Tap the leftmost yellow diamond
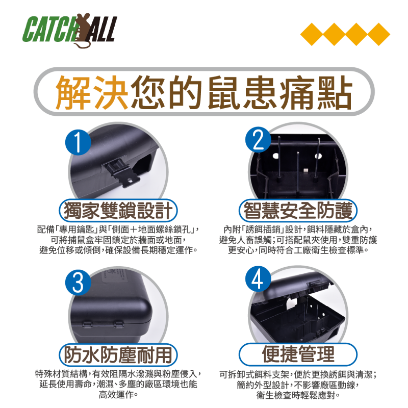coord(312,34)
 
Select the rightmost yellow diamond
coord(378,34)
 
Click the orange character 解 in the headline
coord(73,92)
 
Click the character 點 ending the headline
coord(335,92)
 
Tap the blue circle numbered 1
coord(78,142)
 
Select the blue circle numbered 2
coord(259,140)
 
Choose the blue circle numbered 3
coord(78,283)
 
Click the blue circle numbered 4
coord(258,278)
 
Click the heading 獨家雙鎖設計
coord(118,211)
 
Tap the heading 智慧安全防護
coord(298,211)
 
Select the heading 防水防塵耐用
coord(118,354)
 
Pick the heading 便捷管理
coord(298,354)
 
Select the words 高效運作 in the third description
coord(116,395)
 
